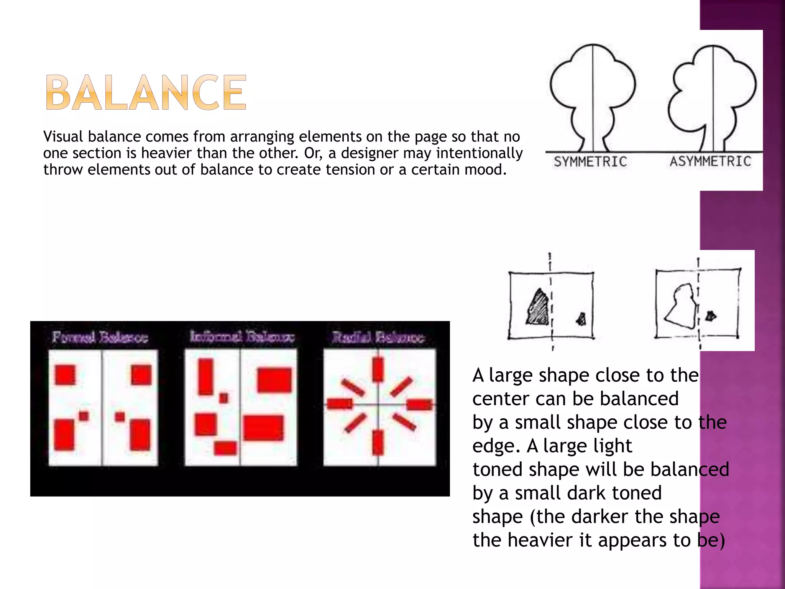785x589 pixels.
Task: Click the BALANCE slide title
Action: (x=146, y=93)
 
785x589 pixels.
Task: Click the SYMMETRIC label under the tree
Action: (x=590, y=162)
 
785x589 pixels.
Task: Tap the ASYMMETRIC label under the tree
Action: (x=710, y=161)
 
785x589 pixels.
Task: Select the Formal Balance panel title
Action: (x=100, y=337)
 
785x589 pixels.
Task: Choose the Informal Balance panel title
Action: (x=242, y=337)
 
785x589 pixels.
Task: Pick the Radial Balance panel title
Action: (x=378, y=338)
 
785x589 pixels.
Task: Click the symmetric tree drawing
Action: (x=593, y=96)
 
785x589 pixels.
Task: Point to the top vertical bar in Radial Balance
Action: (x=378, y=369)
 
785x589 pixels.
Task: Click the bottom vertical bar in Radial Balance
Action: (x=378, y=442)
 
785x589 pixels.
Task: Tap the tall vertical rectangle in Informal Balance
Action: (x=206, y=377)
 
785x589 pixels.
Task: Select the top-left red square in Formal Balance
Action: (x=65, y=375)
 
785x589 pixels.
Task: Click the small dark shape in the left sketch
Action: (x=582, y=319)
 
